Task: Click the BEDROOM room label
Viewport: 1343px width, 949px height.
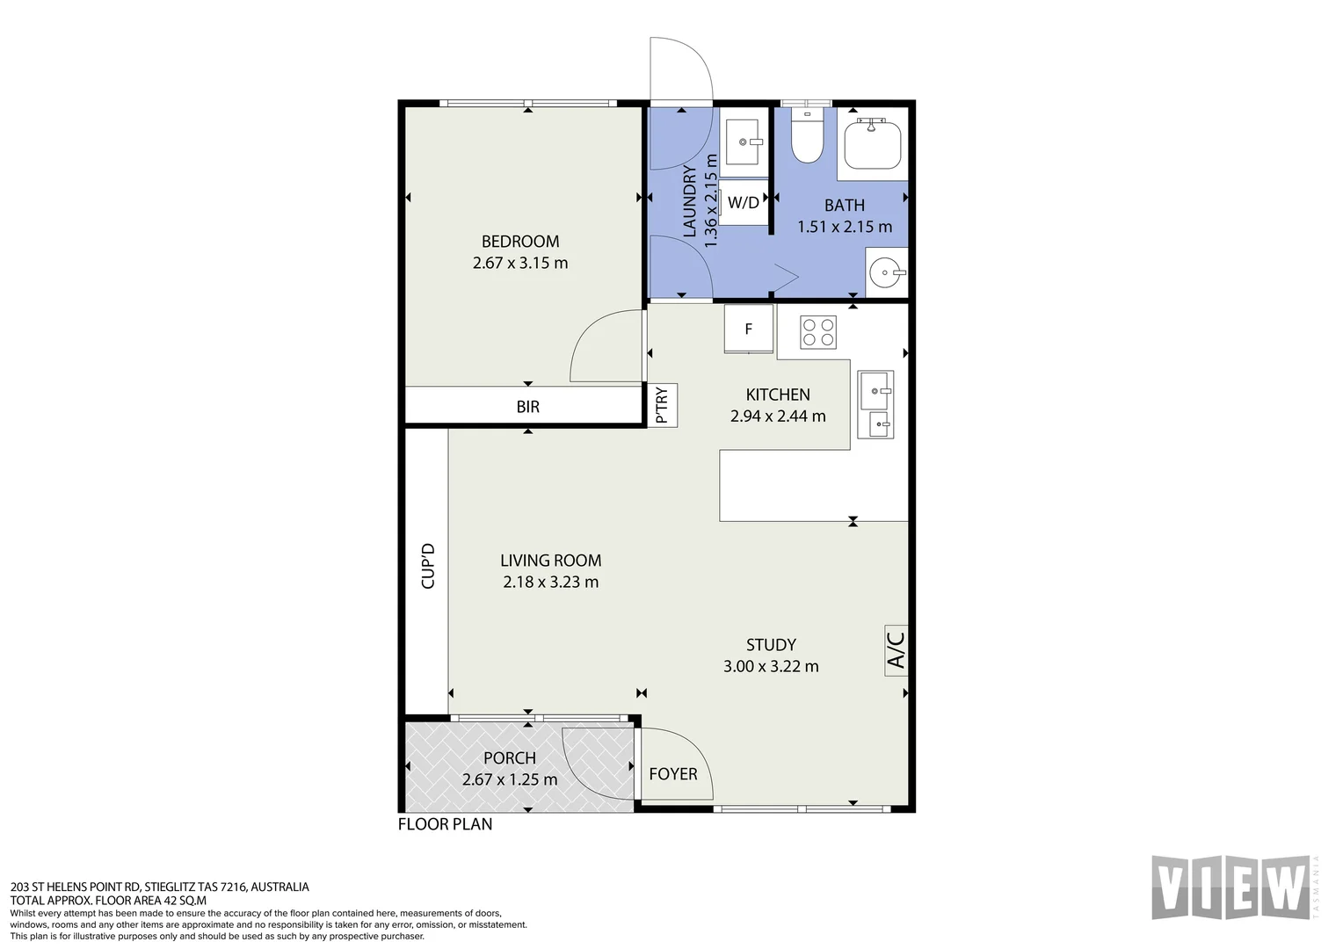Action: pos(520,242)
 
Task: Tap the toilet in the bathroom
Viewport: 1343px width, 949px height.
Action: pos(807,135)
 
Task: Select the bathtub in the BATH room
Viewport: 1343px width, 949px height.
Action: pos(873,144)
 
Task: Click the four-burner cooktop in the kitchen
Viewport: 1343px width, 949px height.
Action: pos(817,333)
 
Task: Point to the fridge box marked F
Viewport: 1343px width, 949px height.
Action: pos(748,329)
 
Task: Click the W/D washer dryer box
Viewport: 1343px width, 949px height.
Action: pos(744,203)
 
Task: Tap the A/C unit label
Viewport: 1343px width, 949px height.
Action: pos(896,651)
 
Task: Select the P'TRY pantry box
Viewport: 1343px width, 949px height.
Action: pos(662,405)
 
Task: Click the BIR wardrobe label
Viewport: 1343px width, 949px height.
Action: pos(527,407)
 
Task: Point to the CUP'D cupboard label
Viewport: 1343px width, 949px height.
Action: pos(428,566)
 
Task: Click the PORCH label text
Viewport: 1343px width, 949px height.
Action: pos(510,758)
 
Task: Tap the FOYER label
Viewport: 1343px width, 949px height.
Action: pos(673,774)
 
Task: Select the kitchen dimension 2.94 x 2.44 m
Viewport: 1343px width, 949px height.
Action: pos(778,416)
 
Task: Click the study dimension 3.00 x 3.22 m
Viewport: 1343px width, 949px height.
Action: pos(771,667)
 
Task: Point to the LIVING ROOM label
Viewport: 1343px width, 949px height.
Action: pos(551,561)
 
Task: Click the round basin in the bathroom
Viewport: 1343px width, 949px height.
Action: pos(885,272)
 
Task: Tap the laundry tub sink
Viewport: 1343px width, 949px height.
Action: pos(744,142)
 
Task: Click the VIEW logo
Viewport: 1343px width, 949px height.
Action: pos(1231,887)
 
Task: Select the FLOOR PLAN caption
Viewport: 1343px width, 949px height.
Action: pos(445,824)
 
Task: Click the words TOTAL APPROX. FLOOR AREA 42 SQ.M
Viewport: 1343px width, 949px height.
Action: pos(108,900)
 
